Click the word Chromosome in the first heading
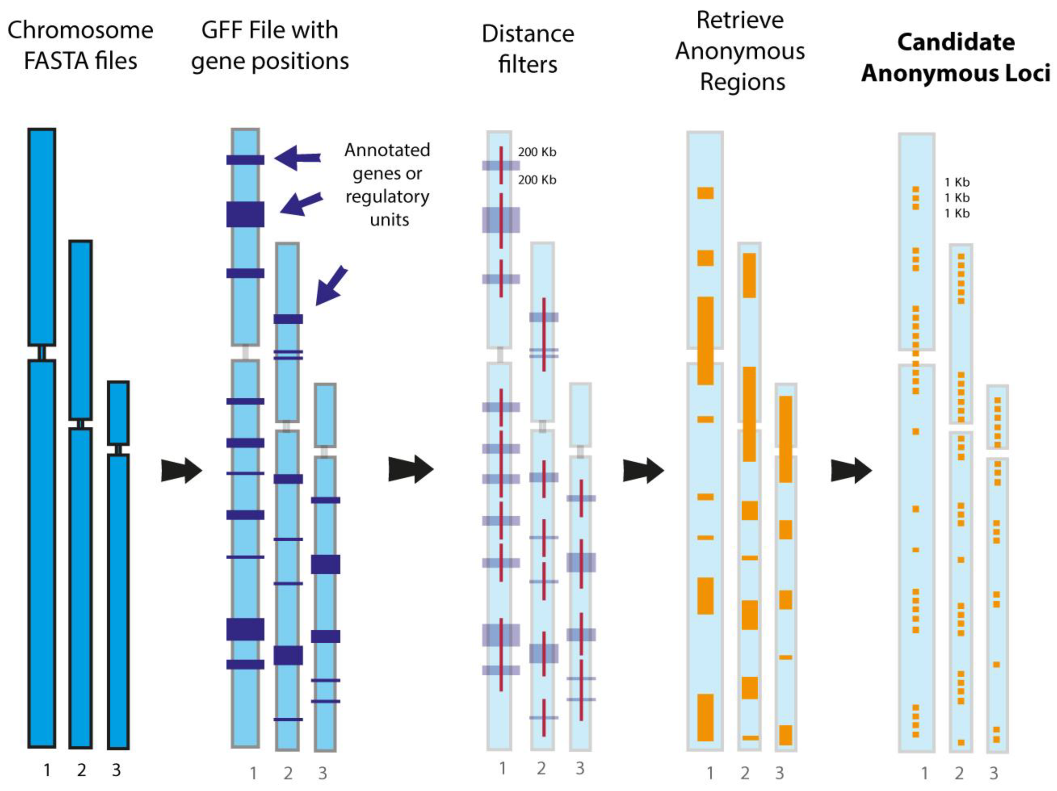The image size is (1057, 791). (x=80, y=31)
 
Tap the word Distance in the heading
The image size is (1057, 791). (x=528, y=34)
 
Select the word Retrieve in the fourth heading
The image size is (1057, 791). (x=740, y=20)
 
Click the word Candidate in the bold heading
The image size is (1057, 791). (x=956, y=42)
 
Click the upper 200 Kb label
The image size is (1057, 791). (x=537, y=152)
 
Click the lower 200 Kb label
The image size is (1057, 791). (x=537, y=180)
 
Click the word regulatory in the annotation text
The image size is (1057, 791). (x=387, y=197)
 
